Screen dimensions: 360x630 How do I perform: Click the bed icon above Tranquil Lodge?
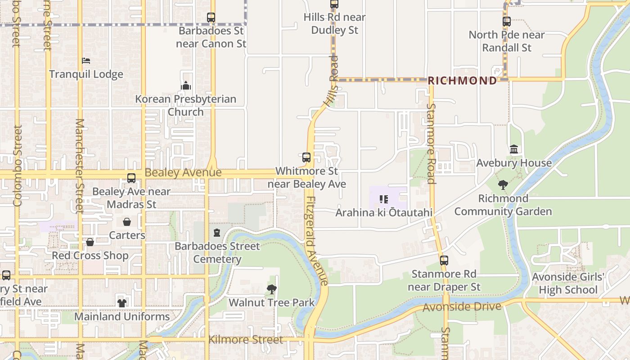point(86,60)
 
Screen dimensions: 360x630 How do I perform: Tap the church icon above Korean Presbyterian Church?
point(186,85)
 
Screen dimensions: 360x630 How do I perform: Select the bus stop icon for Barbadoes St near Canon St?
point(211,18)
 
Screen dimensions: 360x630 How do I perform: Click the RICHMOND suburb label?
point(462,81)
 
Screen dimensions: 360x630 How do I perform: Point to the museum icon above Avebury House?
point(514,149)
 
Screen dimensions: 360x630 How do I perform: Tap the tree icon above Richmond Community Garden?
point(503,184)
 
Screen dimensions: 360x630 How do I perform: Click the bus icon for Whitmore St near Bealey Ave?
point(306,157)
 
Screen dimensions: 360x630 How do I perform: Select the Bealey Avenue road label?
point(183,173)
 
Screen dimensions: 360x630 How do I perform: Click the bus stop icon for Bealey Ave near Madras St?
point(131,178)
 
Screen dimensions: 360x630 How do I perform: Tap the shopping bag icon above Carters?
point(127,222)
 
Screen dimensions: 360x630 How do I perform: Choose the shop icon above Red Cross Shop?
point(90,242)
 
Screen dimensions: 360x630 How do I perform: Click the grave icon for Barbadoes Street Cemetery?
point(217,233)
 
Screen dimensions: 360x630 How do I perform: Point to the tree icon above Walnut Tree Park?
point(271,289)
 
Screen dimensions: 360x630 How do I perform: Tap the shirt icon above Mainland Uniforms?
point(122,303)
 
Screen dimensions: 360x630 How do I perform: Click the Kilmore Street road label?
point(246,339)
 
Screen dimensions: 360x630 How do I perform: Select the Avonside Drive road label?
point(462,307)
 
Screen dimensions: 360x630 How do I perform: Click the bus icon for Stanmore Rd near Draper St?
point(444,261)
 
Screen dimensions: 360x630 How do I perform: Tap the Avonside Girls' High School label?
point(568,283)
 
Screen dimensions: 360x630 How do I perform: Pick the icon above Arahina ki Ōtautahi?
point(384,199)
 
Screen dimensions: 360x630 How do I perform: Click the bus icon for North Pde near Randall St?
point(507,21)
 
